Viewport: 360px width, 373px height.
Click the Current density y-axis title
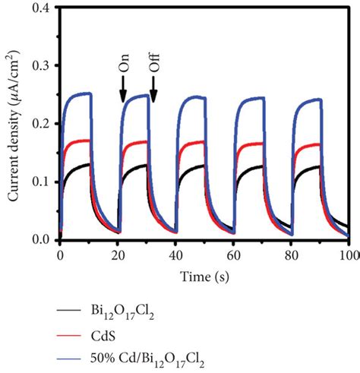coord(14,125)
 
